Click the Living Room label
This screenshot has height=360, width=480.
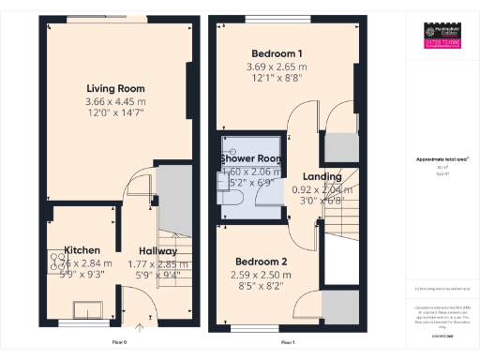pos(109,87)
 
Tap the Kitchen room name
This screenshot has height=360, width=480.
pos(82,250)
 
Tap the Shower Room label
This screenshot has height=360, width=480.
pos(250,158)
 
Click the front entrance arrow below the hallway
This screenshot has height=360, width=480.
pos(140,329)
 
